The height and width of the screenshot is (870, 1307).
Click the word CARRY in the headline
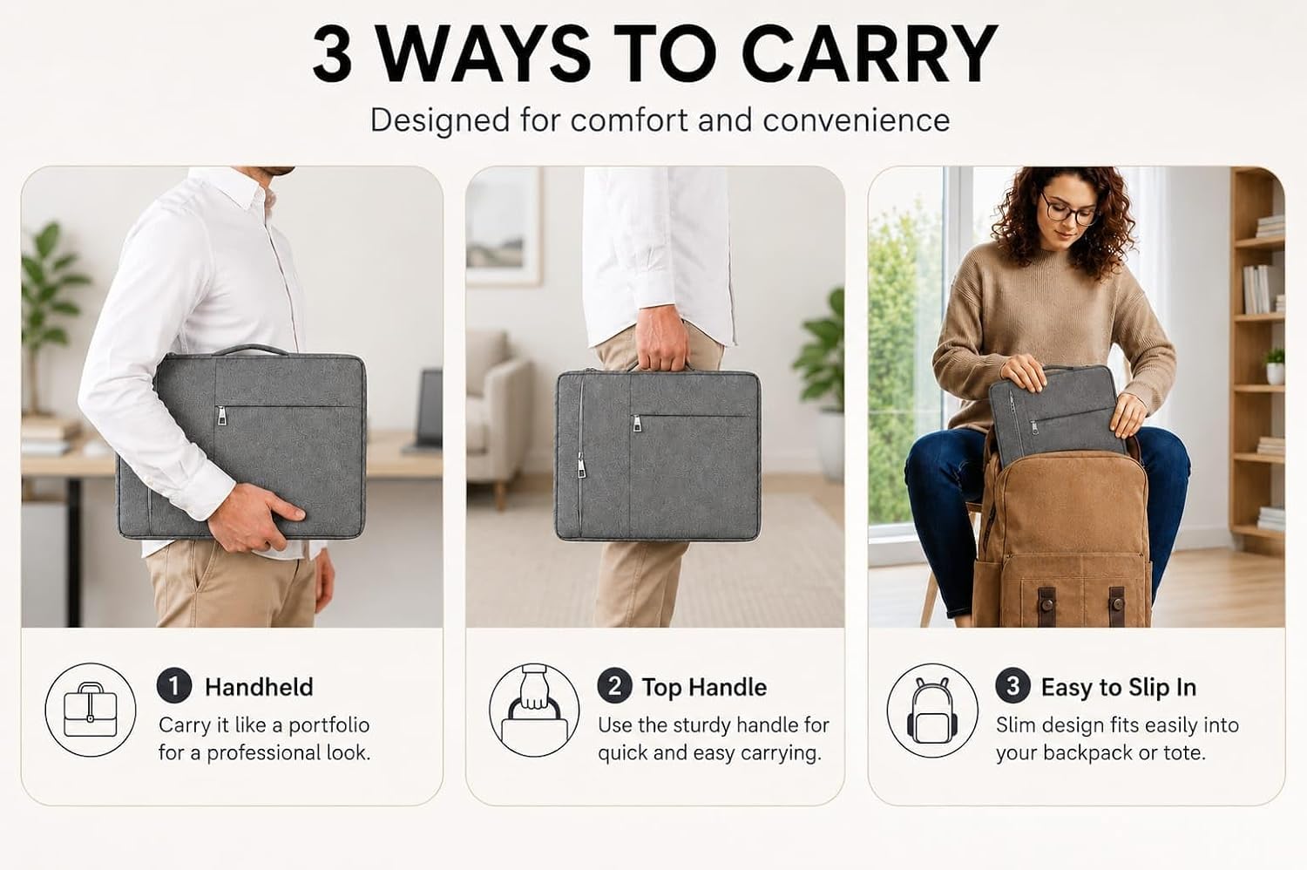pyautogui.click(x=870, y=54)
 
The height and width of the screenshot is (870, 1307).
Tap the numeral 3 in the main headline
pyautogui.click(x=333, y=54)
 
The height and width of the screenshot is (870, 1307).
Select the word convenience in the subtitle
pyautogui.click(x=856, y=120)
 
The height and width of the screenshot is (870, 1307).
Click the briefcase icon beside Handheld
pyautogui.click(x=91, y=710)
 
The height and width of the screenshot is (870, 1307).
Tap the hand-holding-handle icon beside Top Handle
pyautogui.click(x=534, y=710)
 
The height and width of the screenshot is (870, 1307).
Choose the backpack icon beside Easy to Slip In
pyautogui.click(x=931, y=710)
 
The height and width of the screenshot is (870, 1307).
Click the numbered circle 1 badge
pyautogui.click(x=174, y=685)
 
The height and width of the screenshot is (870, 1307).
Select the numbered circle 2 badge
pyautogui.click(x=614, y=685)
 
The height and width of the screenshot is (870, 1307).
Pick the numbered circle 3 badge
pyautogui.click(x=1012, y=685)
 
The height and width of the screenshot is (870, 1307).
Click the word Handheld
pyautogui.click(x=259, y=687)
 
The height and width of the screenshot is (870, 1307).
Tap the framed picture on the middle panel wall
pyautogui.click(x=503, y=226)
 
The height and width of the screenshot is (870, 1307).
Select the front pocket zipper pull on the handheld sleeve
pyautogui.click(x=221, y=416)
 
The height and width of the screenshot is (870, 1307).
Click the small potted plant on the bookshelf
pyautogui.click(x=1276, y=367)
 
